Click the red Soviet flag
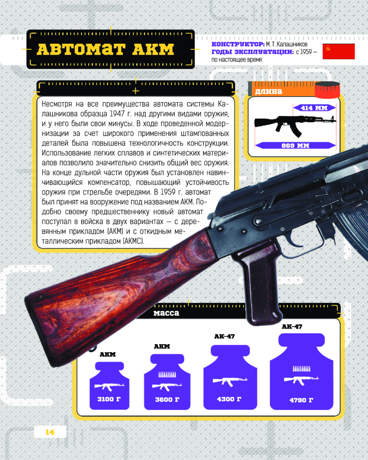(x=339, y=52)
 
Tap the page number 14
(x=50, y=432)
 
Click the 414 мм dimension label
(x=314, y=108)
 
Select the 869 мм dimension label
(x=295, y=145)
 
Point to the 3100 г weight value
(x=109, y=399)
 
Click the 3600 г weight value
(x=167, y=399)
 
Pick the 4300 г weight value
(x=229, y=399)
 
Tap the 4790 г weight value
(x=301, y=400)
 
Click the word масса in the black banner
(x=166, y=313)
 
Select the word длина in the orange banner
(x=269, y=91)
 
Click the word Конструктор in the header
(x=238, y=44)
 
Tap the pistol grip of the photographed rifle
(x=260, y=285)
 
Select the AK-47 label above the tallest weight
(x=292, y=327)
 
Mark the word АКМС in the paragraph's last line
(x=133, y=241)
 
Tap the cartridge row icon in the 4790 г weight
(x=301, y=368)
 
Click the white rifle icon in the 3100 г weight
(x=109, y=387)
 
